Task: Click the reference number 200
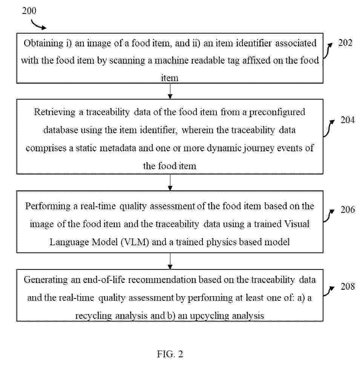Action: click(x=29, y=11)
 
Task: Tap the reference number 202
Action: click(x=345, y=43)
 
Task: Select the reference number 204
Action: click(x=348, y=120)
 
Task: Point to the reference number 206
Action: click(x=348, y=210)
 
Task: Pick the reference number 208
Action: click(x=348, y=286)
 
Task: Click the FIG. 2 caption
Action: click(x=170, y=354)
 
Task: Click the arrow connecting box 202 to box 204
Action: click(x=170, y=91)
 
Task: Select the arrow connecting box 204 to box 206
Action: click(x=170, y=183)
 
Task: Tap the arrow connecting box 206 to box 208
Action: click(x=170, y=261)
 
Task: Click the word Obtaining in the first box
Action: click(x=43, y=43)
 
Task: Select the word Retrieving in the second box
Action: click(x=55, y=112)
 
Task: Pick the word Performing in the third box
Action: click(x=48, y=206)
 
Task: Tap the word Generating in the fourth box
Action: click(x=46, y=280)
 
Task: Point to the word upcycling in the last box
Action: click(x=209, y=316)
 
